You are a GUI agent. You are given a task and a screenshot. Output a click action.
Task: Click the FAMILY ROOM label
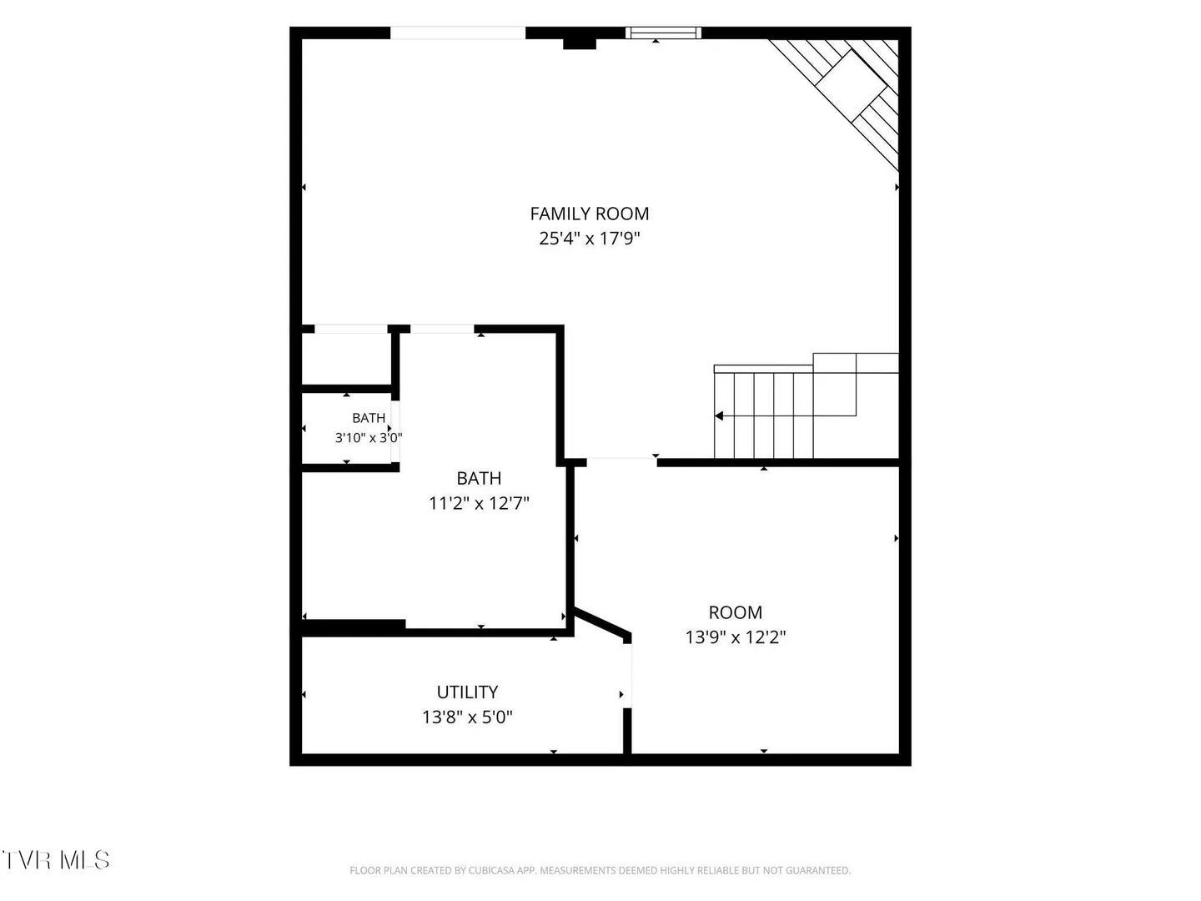pos(590,214)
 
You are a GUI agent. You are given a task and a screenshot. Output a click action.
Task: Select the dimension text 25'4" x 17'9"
pos(590,239)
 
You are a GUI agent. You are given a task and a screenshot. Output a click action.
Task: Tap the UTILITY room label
pos(467,692)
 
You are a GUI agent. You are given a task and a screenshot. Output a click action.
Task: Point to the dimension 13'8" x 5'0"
pos(467,717)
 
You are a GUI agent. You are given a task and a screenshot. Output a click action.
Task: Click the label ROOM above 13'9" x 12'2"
pos(736,612)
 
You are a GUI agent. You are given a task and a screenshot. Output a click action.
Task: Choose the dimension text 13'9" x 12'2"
pos(736,637)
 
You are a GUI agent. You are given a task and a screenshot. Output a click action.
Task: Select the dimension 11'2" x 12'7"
pos(479,503)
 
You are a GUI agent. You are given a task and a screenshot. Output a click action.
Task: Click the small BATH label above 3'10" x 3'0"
pos(369,418)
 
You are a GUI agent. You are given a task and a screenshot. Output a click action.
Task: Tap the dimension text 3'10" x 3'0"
pos(369,438)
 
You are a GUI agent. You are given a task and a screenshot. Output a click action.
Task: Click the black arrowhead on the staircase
pos(719,416)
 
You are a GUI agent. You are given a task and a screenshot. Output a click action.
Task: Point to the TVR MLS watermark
pos(56,860)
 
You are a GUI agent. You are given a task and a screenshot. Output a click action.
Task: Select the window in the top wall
pos(663,33)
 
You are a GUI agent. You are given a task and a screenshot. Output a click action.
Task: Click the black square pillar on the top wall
pos(580,43)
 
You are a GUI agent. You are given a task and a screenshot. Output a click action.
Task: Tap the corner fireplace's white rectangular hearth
pos(852,85)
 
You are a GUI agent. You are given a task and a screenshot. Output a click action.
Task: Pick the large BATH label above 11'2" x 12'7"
pos(479,478)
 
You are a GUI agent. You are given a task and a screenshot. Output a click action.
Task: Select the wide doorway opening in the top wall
pos(458,33)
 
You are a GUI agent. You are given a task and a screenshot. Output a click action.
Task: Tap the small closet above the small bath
pos(346,359)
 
